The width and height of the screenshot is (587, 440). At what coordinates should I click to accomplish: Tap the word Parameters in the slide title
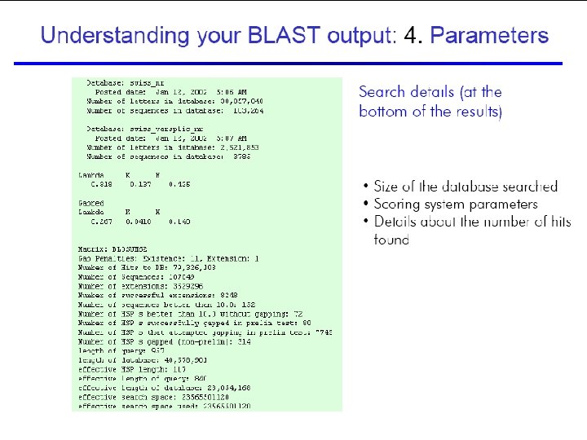coord(489,36)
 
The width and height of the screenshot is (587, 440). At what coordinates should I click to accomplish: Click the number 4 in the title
coord(412,36)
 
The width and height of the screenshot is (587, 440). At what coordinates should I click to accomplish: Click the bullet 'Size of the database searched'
coord(466,187)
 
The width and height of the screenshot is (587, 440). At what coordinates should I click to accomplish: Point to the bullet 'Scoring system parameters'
coord(456,205)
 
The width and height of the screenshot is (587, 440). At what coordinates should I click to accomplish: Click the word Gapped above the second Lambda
coord(90,203)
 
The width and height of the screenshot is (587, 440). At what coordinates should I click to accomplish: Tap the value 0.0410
coord(137,221)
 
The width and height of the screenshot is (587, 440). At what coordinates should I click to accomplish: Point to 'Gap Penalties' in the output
coord(106,257)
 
